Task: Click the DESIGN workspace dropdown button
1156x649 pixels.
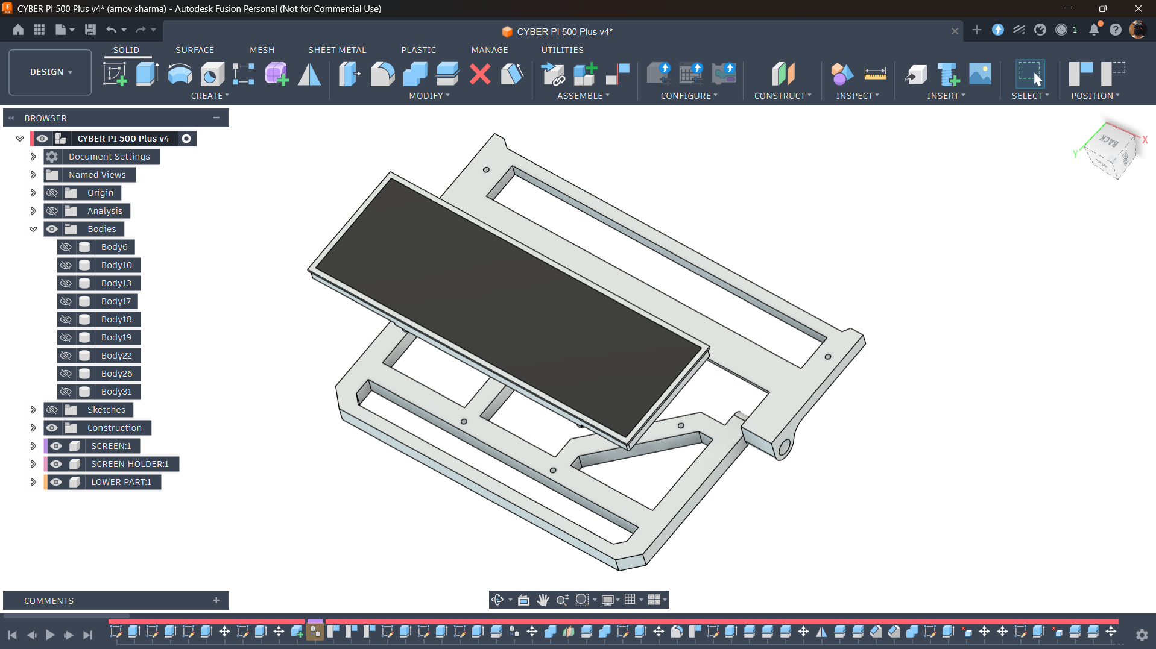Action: tap(50, 72)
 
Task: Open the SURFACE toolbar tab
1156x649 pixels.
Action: tap(194, 50)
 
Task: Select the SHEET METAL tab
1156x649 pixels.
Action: tap(337, 50)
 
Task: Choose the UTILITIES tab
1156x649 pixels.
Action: tap(562, 50)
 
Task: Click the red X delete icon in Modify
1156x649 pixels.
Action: tap(480, 74)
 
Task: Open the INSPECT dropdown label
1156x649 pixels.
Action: tap(857, 96)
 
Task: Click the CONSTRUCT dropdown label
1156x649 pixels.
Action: tap(783, 96)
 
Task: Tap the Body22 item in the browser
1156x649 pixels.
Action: tap(116, 356)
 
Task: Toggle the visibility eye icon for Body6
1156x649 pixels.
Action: tap(66, 247)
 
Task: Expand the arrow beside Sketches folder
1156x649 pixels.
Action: tap(33, 410)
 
